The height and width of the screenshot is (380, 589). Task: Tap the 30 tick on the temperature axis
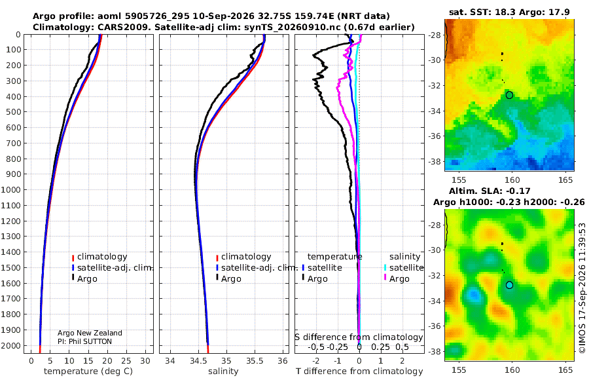145,361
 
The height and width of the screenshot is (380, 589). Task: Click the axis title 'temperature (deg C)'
88,371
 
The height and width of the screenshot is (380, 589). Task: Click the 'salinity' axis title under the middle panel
223,371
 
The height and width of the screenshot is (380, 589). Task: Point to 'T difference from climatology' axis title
359,371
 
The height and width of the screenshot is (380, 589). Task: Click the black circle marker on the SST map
509,95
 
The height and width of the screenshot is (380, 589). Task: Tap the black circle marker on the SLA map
509,285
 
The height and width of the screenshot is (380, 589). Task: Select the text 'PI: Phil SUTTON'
84,341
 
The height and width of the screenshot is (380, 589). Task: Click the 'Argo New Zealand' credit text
90,333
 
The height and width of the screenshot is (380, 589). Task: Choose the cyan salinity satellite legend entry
403,267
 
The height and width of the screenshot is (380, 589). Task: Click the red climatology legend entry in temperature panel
99,257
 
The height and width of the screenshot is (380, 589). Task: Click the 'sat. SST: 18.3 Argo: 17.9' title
509,12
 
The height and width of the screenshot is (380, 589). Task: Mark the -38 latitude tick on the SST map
435,161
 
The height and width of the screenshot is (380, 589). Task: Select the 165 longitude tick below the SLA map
565,370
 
